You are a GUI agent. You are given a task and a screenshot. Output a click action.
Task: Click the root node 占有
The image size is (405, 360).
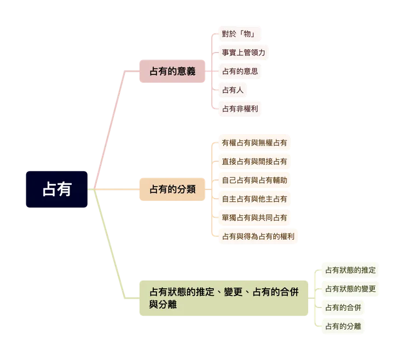[56, 189]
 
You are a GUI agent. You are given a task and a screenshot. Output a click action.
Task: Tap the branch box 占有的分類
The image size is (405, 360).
[172, 189]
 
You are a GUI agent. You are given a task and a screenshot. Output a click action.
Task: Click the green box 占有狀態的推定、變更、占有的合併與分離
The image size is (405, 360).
[224, 298]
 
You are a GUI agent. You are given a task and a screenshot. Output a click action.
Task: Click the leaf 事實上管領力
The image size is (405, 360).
[244, 53]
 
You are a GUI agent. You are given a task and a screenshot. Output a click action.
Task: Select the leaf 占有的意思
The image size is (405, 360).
[240, 71]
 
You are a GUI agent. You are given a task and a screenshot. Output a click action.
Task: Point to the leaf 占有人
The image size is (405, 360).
[233, 90]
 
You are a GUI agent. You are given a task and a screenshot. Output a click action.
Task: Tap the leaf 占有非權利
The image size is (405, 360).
[240, 108]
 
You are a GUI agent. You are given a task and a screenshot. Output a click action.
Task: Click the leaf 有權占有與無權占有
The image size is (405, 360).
[254, 143]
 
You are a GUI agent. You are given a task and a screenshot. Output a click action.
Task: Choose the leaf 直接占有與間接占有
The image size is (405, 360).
[254, 161]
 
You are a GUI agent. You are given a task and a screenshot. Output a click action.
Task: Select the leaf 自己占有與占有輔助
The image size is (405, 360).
[254, 180]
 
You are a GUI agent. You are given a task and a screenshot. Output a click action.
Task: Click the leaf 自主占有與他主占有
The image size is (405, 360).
[254, 199]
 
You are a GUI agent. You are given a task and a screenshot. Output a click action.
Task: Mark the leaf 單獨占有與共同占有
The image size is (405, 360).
[254, 217]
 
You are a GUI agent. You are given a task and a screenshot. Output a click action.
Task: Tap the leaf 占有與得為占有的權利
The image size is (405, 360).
[258, 236]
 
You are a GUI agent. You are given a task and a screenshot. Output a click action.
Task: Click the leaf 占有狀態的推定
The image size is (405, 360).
[350, 270]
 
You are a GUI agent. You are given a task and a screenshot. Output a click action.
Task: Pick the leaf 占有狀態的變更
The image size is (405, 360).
[350, 288]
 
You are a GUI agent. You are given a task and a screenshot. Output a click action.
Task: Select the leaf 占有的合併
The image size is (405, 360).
[343, 307]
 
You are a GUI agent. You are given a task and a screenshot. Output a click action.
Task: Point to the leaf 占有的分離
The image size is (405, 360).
[343, 326]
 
